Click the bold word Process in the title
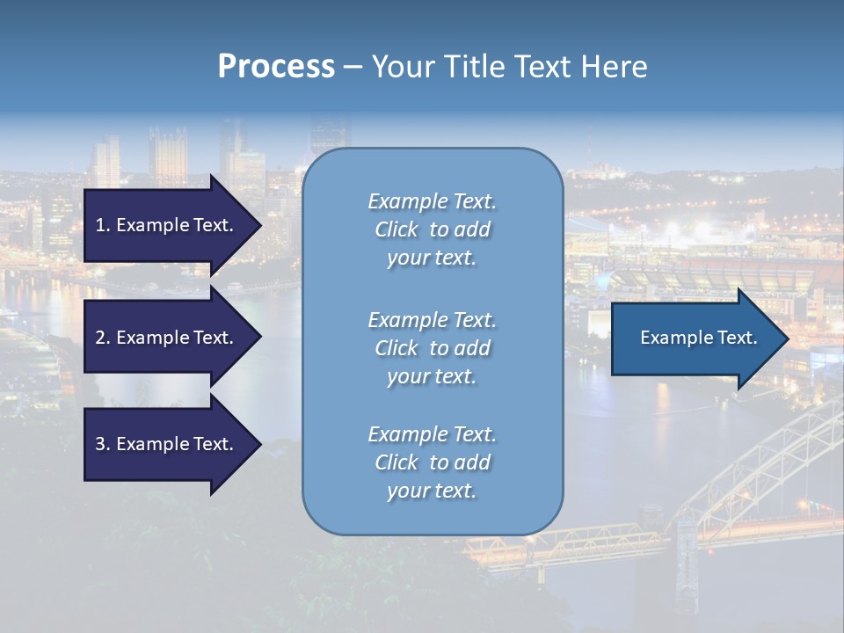point(276,67)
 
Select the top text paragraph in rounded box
point(432,229)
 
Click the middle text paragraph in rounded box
point(432,348)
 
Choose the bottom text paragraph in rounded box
point(432,462)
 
